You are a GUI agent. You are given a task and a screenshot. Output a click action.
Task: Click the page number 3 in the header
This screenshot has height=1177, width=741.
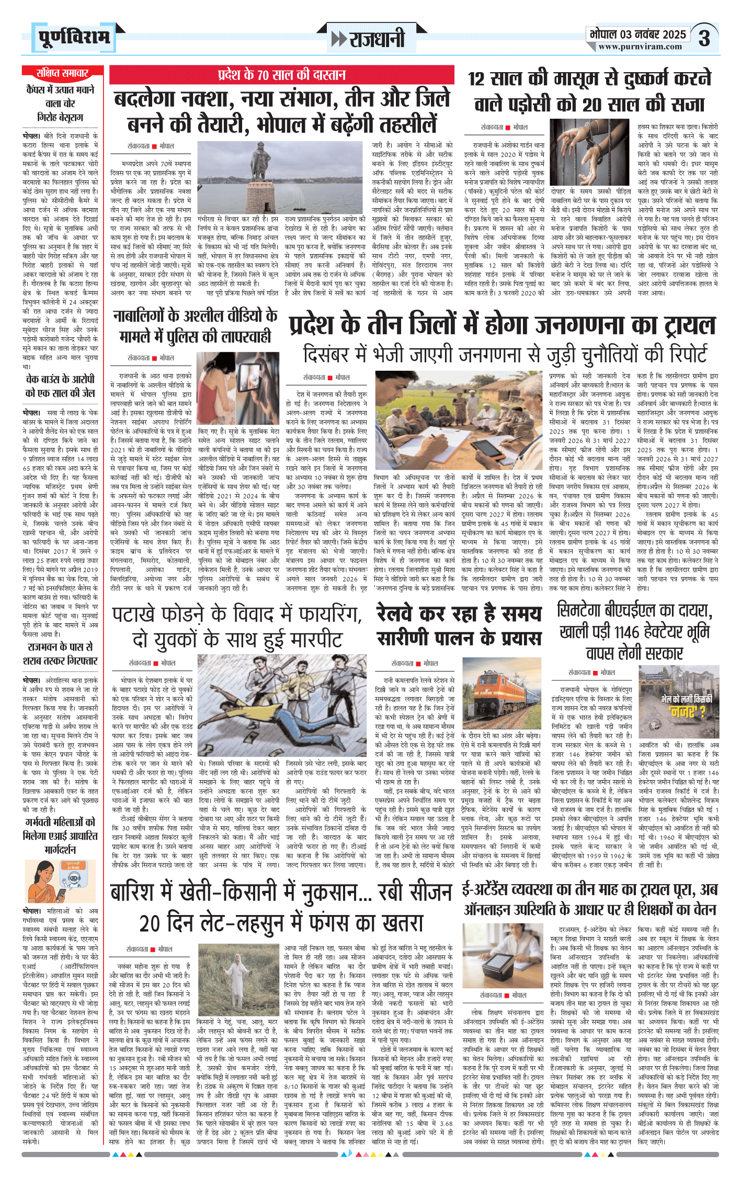(704, 38)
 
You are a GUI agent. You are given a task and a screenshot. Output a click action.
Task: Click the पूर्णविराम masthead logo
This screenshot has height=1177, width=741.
(74, 38)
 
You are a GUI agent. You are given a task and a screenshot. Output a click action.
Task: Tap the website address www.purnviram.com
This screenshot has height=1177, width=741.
(640, 47)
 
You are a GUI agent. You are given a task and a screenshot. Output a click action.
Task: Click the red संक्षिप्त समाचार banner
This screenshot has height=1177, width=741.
(62, 73)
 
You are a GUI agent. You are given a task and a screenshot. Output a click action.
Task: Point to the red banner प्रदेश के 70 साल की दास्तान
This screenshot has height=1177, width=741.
(281, 74)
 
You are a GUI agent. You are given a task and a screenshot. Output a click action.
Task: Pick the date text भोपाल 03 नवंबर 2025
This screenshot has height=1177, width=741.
(637, 35)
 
